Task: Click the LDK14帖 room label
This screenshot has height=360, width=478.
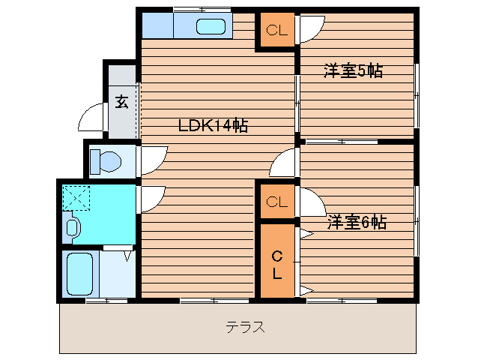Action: (213, 125)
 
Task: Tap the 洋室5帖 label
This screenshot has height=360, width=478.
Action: (353, 71)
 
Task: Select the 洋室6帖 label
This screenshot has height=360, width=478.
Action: (356, 222)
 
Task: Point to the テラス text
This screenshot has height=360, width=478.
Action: (246, 328)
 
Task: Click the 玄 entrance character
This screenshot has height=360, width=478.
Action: (121, 102)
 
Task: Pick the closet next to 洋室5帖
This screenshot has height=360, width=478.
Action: (276, 31)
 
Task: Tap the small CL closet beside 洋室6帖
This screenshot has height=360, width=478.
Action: (276, 201)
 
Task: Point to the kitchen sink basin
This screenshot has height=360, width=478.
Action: (212, 27)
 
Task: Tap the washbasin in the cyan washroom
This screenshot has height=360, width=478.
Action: (73, 227)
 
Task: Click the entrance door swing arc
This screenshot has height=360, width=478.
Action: (91, 118)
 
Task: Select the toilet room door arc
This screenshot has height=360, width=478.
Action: (153, 158)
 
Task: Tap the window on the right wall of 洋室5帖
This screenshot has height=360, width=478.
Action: (417, 90)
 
